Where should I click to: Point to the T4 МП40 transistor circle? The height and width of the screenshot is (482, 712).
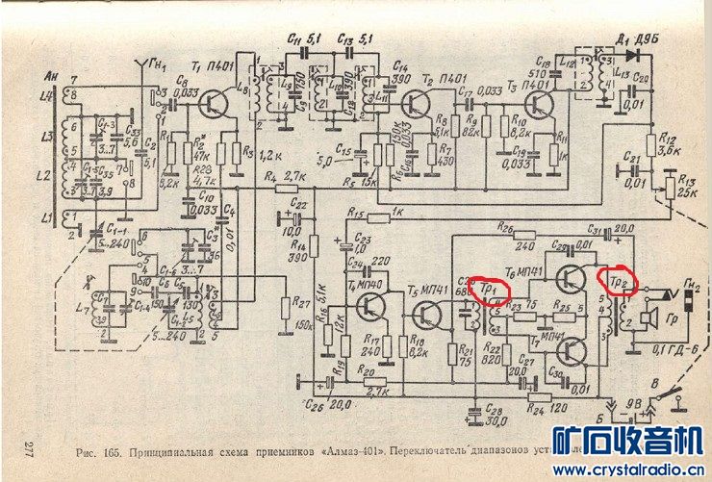coord(370,307)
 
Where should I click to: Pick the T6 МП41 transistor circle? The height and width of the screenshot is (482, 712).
coord(571,278)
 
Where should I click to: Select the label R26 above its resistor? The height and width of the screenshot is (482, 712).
coord(505,226)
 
